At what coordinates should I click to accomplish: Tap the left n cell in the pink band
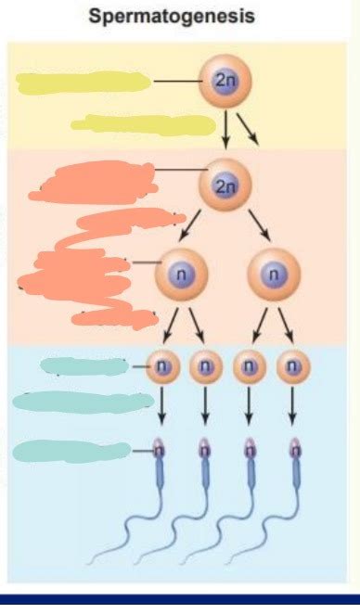click(x=181, y=275)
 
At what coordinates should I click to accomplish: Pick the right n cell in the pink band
click(x=270, y=275)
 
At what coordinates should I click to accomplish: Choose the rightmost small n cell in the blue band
click(x=292, y=366)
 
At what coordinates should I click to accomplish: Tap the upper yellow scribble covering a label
click(x=84, y=83)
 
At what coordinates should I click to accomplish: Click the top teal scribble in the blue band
click(x=84, y=366)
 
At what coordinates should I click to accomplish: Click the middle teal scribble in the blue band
click(x=70, y=401)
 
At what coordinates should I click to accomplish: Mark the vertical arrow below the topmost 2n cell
click(x=225, y=129)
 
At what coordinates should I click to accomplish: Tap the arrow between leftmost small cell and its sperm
click(x=161, y=406)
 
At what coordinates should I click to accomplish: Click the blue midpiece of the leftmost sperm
click(x=161, y=479)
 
